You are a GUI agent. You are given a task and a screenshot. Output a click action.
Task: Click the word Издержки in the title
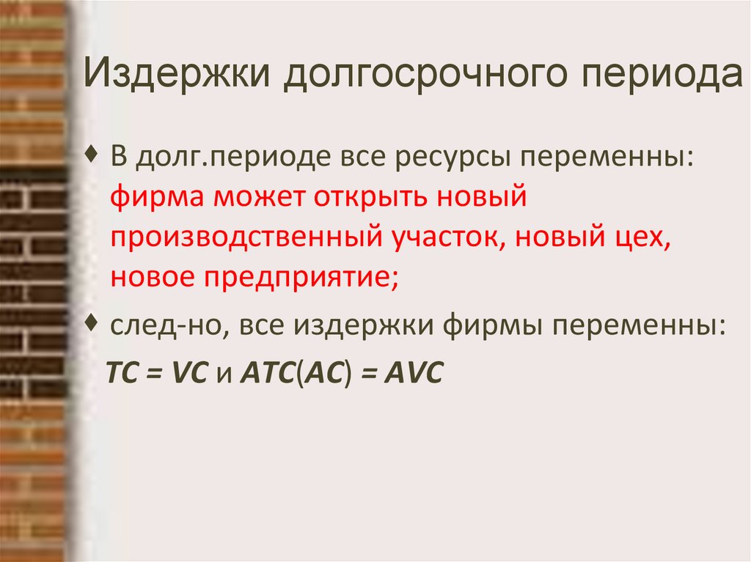click(173, 75)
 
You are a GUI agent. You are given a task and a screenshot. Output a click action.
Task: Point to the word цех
click(642, 238)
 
